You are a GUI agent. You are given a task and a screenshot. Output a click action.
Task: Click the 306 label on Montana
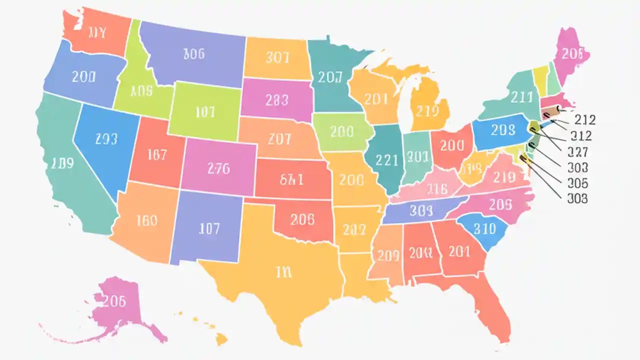(194, 54)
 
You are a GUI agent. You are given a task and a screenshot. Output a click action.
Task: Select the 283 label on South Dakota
(277, 100)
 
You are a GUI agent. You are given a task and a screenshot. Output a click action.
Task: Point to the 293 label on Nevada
(106, 139)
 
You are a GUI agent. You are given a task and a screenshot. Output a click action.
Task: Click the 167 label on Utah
(157, 155)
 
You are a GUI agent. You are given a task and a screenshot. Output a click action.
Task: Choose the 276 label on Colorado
(218, 168)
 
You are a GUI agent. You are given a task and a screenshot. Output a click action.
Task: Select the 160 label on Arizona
(146, 220)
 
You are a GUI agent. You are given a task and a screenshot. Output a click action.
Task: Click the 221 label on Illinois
(386, 160)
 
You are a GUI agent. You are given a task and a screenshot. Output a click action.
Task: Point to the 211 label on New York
(521, 96)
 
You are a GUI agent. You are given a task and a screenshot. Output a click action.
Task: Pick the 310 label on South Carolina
(484, 228)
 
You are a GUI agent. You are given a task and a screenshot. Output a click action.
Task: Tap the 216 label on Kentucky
(436, 189)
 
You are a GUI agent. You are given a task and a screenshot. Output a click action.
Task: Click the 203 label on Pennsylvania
(502, 130)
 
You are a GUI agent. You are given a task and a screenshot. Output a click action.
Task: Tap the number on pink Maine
(572, 54)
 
